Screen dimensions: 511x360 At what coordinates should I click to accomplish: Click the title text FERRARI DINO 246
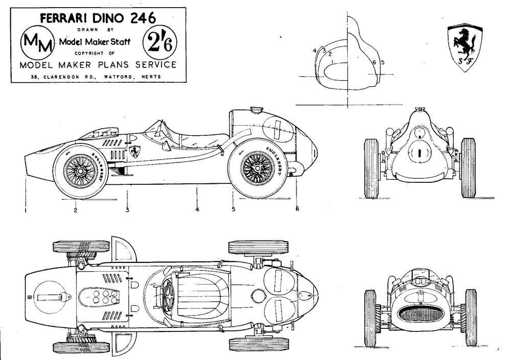pyautogui.click(x=98, y=18)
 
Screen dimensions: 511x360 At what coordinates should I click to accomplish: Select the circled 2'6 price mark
pyautogui.click(x=159, y=43)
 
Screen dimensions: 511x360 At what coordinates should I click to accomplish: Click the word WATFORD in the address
pyautogui.click(x=118, y=77)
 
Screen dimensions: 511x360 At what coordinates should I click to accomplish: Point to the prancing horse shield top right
pyautogui.click(x=464, y=47)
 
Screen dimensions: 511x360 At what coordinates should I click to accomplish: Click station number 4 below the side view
pyautogui.click(x=197, y=209)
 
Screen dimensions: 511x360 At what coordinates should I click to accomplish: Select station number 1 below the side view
pyautogui.click(x=26, y=210)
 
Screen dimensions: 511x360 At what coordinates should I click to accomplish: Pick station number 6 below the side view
pyautogui.click(x=297, y=208)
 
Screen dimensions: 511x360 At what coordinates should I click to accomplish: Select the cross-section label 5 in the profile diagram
pyautogui.click(x=383, y=62)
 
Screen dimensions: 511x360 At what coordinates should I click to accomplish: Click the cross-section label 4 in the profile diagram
pyautogui.click(x=314, y=51)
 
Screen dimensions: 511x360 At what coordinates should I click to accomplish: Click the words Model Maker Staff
pyautogui.click(x=95, y=42)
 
